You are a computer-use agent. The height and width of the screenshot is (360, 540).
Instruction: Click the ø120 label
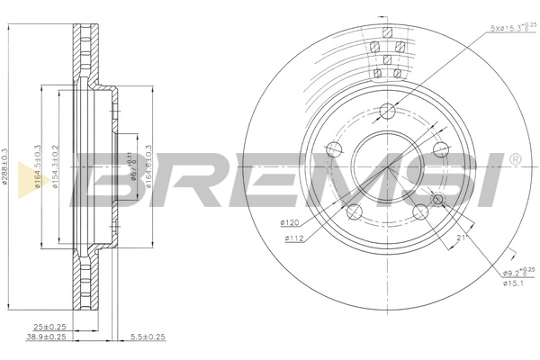(289, 222)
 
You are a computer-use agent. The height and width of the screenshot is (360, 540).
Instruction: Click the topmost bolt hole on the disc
(387, 112)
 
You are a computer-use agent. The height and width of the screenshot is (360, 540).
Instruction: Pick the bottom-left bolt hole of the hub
(354, 212)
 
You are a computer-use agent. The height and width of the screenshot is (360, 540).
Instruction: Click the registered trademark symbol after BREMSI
(514, 160)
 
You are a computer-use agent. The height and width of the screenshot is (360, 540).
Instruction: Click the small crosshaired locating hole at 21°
(438, 199)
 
